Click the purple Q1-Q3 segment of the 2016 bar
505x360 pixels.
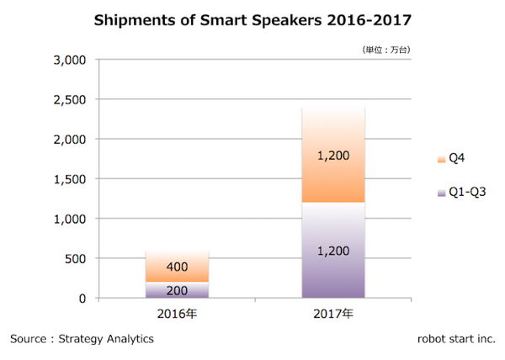[177, 289]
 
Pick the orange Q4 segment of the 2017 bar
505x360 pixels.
[333, 156]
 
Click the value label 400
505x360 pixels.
[177, 267]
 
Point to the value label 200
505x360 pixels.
[177, 290]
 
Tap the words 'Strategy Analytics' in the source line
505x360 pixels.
[107, 339]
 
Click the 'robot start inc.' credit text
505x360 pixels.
[456, 339]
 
